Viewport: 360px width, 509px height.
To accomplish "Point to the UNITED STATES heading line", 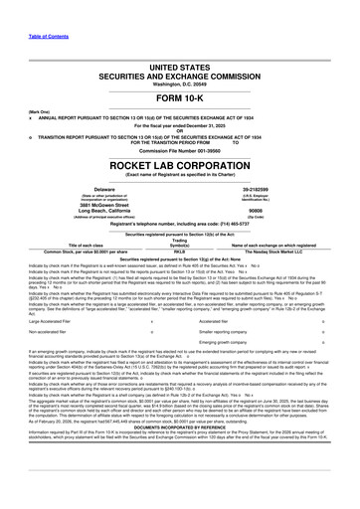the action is coord(180,60).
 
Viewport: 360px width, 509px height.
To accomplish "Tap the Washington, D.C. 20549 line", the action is coord(180,79).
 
